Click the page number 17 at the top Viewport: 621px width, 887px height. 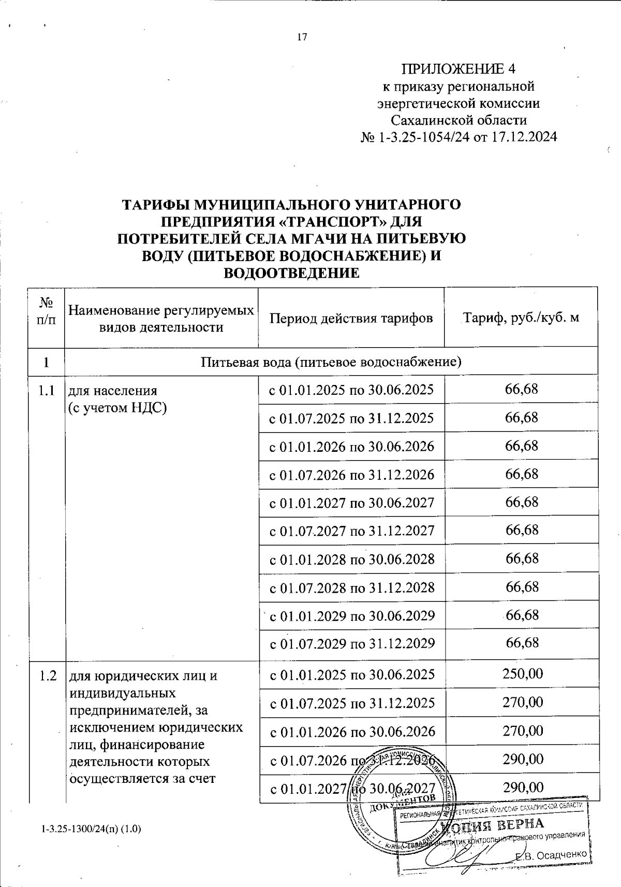pos(303,37)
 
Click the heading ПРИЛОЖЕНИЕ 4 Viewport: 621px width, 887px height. pos(459,69)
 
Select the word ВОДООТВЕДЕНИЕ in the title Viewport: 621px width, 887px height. pos(290,273)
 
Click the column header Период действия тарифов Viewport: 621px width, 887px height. pos(351,318)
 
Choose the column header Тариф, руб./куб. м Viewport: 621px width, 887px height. pos(521,318)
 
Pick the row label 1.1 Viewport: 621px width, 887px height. pos(47,390)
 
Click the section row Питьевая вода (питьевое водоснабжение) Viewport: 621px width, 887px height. pos(331,362)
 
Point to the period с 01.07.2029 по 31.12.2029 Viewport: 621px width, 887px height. pos(351,643)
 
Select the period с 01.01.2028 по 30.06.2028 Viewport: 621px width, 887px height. pos(351,559)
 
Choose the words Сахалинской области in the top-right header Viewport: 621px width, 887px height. pos(459,120)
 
